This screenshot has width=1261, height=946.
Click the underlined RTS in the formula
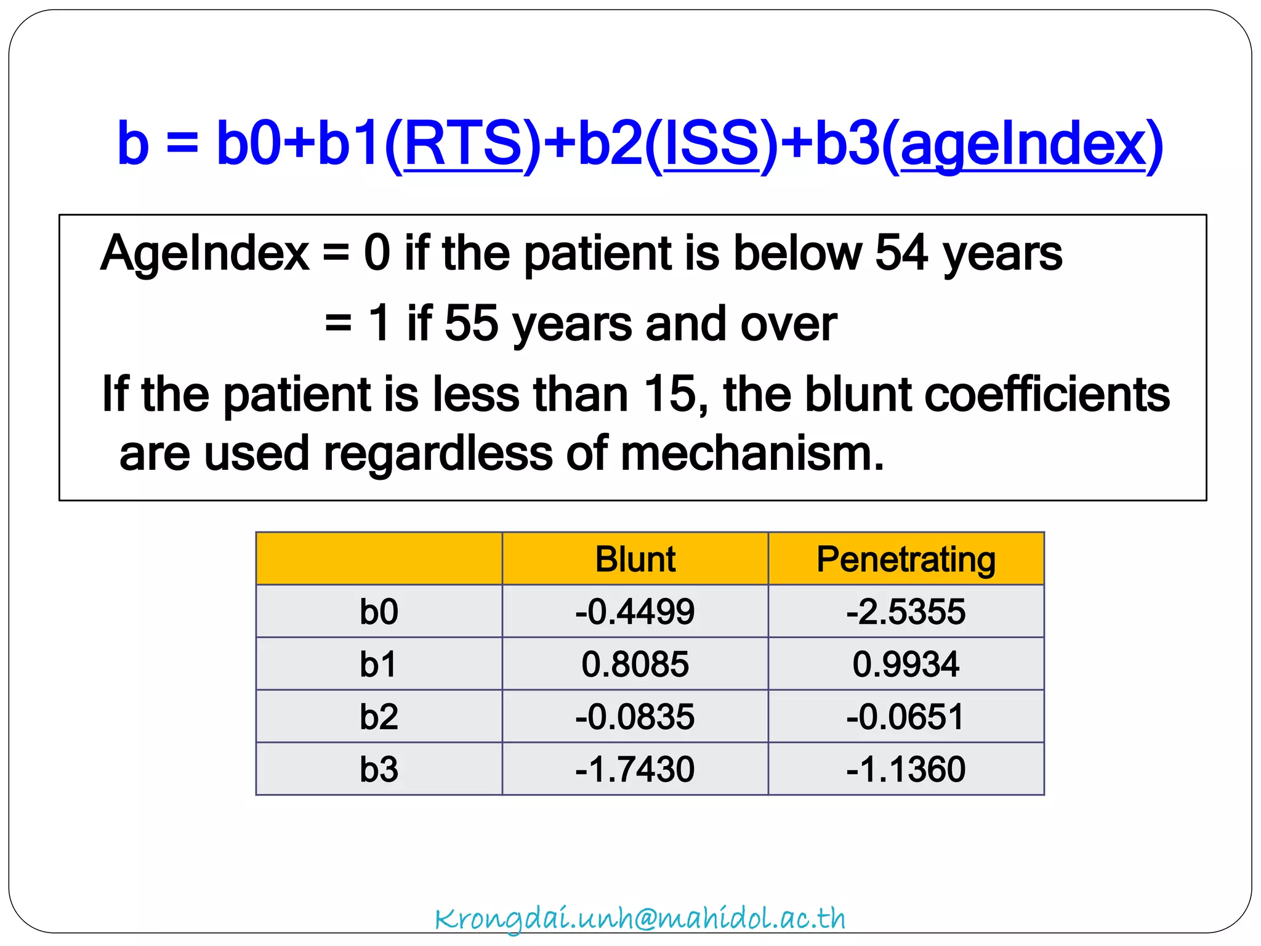463,144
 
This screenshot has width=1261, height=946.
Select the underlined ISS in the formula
712,144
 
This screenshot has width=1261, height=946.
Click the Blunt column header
635,559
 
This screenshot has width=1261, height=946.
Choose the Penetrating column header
906,559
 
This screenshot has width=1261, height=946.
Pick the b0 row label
379,612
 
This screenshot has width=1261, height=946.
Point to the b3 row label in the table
379,769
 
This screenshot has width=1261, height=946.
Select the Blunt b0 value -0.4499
635,612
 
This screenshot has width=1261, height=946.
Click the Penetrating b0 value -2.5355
906,612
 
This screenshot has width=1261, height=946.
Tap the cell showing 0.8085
635,664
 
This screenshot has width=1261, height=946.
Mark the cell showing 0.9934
906,664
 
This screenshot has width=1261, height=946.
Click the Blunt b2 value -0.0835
635,717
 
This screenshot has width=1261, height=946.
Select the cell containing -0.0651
906,717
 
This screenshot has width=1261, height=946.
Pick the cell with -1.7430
635,769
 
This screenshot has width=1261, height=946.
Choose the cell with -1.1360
906,769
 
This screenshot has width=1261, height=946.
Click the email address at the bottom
640,918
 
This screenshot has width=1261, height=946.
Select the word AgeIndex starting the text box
205,253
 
